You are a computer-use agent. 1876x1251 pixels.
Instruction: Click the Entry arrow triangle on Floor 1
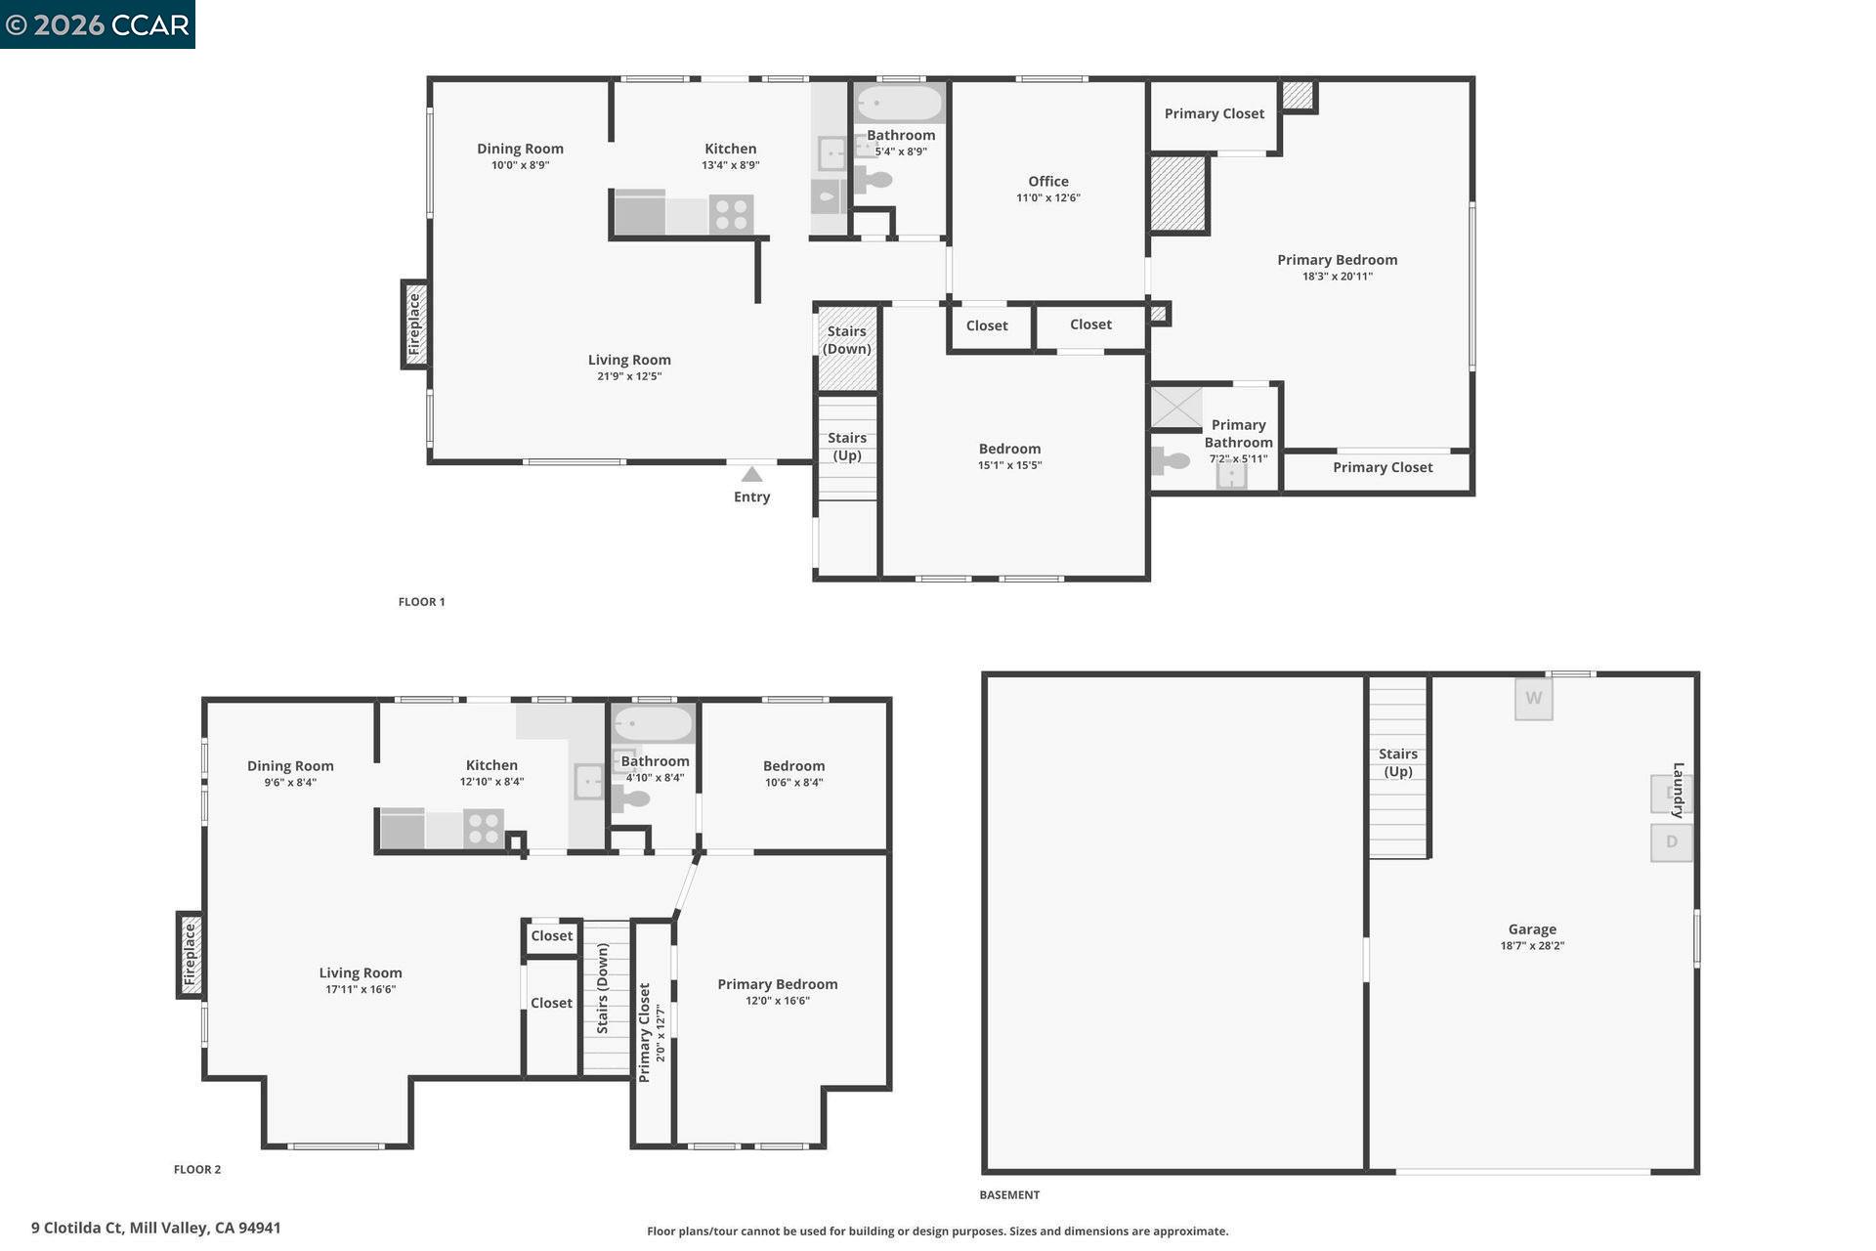(x=751, y=475)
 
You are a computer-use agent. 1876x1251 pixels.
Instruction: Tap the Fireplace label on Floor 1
(x=414, y=324)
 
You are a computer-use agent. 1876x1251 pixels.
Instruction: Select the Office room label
(x=1047, y=182)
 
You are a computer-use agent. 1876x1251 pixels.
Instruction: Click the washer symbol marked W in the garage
(x=1533, y=699)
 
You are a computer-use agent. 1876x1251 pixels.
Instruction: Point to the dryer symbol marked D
(x=1671, y=842)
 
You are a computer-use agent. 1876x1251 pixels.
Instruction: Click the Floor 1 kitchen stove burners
(x=731, y=214)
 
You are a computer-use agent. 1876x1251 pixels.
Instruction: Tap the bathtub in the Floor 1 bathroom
(x=900, y=103)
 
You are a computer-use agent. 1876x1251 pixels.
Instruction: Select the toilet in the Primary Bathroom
(x=1169, y=459)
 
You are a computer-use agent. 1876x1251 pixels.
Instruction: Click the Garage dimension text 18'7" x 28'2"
(x=1531, y=946)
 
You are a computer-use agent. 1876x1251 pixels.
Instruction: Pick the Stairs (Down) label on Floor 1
(x=846, y=340)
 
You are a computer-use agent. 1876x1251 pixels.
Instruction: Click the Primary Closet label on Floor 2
(x=644, y=1033)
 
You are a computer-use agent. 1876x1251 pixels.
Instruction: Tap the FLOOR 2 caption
(x=197, y=1170)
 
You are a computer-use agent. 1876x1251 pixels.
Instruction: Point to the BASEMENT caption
(x=1009, y=1195)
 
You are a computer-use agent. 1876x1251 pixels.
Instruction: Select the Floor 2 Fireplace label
(x=190, y=955)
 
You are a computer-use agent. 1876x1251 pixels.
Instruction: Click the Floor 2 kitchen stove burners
(x=484, y=829)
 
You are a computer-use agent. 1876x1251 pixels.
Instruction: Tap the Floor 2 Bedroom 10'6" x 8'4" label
(x=793, y=774)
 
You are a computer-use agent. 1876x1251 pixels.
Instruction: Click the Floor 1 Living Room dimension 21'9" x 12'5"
(x=629, y=376)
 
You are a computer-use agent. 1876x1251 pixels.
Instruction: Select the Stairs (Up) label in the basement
(x=1397, y=762)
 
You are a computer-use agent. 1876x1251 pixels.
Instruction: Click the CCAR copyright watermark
(x=98, y=24)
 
